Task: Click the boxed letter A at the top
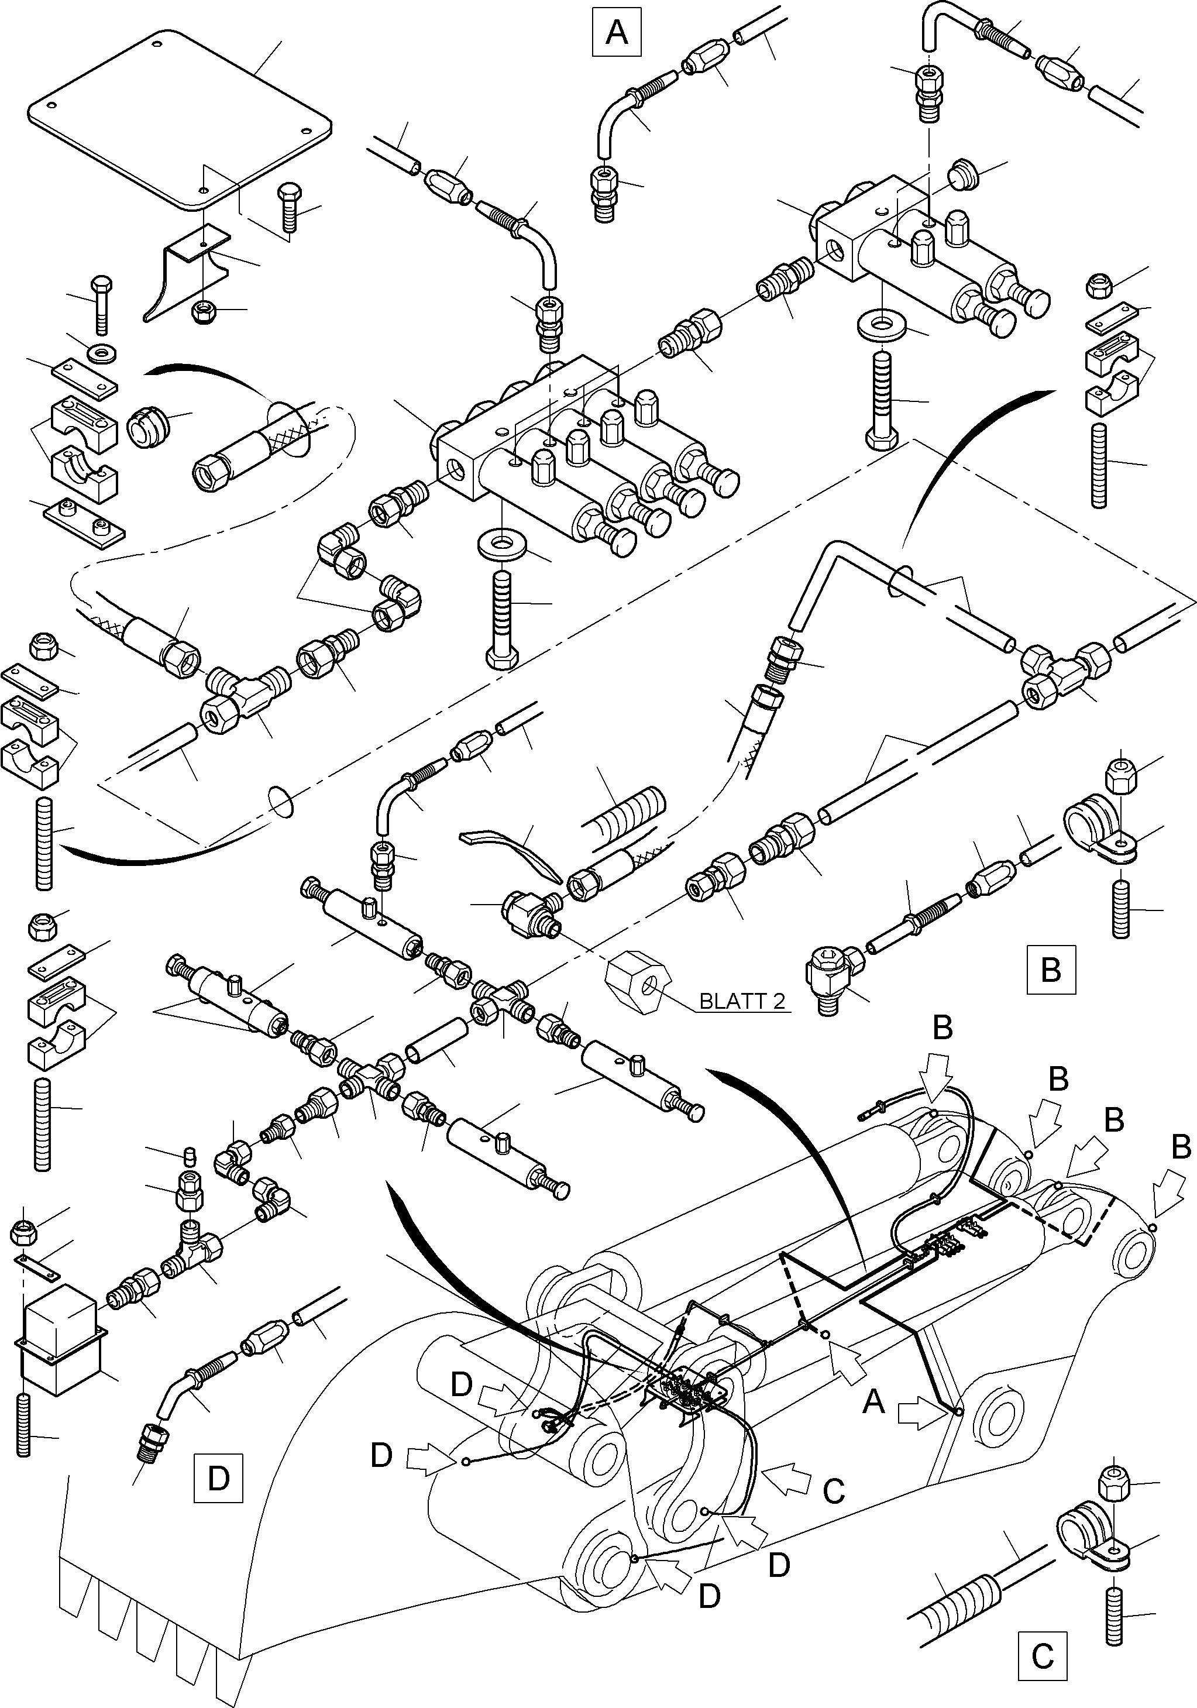[x=617, y=32]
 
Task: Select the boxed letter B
[x=1050, y=970]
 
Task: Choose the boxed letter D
[x=218, y=1478]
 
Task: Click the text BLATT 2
[x=742, y=1001]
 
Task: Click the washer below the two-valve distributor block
[x=882, y=325]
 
